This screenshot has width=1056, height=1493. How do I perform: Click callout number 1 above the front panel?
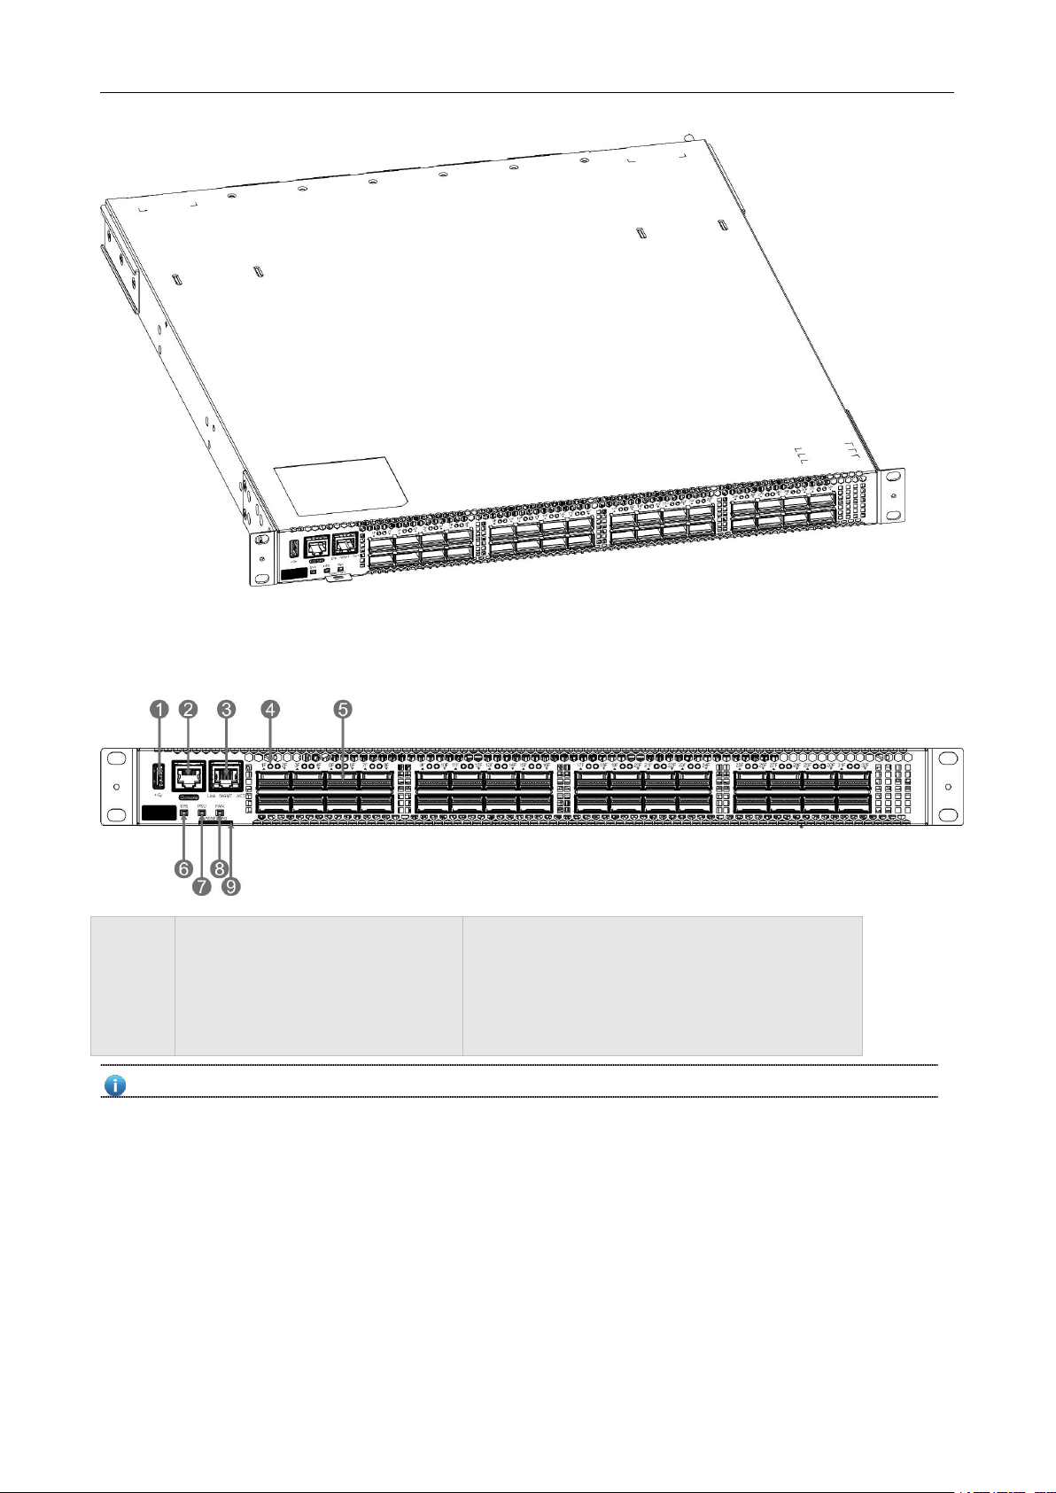(159, 709)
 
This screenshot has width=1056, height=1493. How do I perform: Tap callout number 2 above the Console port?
(189, 709)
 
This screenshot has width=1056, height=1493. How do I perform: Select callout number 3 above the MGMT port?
(227, 709)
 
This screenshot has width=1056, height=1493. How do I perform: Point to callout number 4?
(270, 709)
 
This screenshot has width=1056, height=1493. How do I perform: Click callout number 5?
(343, 709)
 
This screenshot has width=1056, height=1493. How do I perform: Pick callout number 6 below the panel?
(183, 868)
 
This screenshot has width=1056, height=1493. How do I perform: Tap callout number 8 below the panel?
(219, 868)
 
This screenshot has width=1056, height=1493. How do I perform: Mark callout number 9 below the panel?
(231, 885)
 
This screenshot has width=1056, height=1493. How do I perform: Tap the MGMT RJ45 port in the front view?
(227, 776)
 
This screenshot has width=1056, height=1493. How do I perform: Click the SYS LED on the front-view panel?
(183, 813)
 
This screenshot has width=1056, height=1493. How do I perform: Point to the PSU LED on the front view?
(201, 813)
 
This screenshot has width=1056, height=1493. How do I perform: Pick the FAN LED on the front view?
(219, 813)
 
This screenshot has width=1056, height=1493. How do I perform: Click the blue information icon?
(116, 1085)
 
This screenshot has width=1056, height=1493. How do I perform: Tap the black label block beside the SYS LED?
(157, 813)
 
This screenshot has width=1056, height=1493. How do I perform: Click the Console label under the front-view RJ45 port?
(188, 797)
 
